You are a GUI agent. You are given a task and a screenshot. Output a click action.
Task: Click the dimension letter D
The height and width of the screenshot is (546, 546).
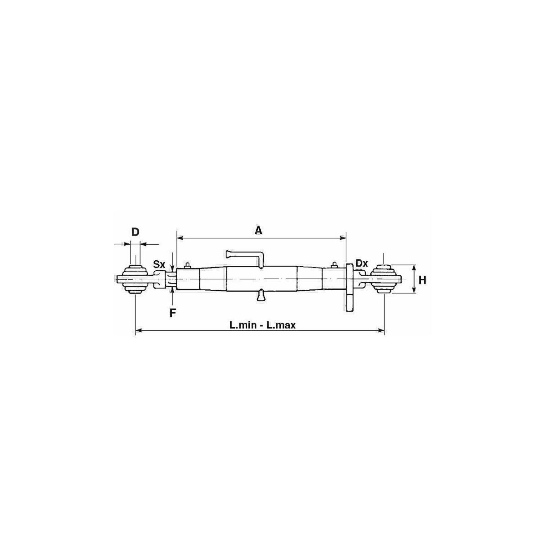(x=136, y=232)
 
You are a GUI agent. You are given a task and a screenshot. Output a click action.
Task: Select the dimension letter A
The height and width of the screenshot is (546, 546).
(x=258, y=231)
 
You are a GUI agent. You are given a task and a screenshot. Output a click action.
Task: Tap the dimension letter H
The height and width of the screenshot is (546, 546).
(x=422, y=280)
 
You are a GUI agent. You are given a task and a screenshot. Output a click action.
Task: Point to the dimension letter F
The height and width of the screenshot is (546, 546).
(x=172, y=313)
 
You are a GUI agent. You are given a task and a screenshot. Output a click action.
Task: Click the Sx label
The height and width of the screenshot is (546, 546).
(x=159, y=264)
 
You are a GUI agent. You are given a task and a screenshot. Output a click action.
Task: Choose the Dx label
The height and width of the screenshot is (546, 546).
(x=362, y=263)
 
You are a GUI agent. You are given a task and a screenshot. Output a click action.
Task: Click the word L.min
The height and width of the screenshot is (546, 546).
(x=243, y=325)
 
